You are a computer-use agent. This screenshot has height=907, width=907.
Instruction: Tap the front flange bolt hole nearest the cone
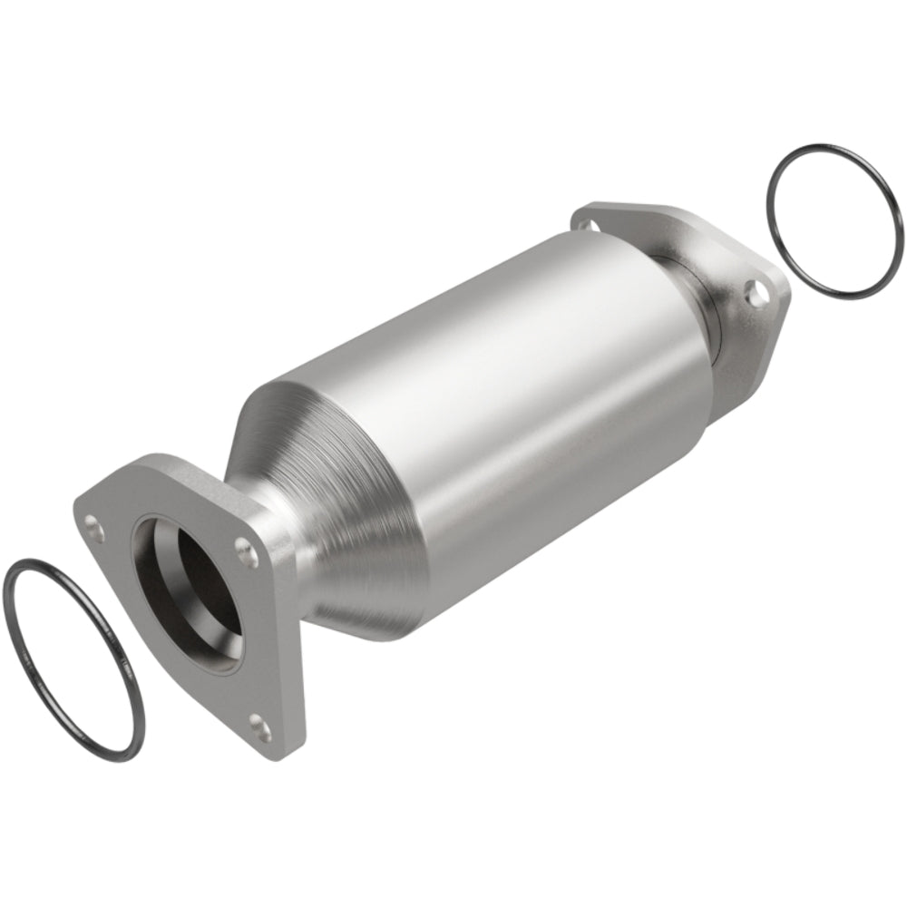tap(242, 547)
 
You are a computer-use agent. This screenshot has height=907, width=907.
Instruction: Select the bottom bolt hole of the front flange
tap(261, 723)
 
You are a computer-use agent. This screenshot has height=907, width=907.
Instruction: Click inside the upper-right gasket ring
tap(834, 219)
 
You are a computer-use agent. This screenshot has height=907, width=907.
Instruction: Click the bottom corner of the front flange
tap(272, 753)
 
